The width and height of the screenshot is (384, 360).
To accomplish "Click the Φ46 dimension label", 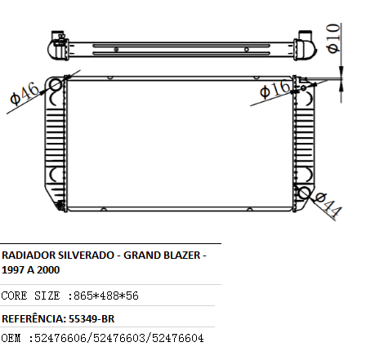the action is (25, 93).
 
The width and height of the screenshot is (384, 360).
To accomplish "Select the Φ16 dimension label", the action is (275, 89).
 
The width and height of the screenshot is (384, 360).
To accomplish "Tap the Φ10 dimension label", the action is (333, 38).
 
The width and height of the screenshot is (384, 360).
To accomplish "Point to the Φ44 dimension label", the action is (328, 205).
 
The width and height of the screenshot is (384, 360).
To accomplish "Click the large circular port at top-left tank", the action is (56, 85).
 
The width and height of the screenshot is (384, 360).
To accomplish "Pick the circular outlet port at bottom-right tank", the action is (304, 193).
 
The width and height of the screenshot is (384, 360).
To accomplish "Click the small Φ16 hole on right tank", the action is (303, 88).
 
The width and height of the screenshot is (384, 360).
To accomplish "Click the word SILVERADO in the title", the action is (86, 256).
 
